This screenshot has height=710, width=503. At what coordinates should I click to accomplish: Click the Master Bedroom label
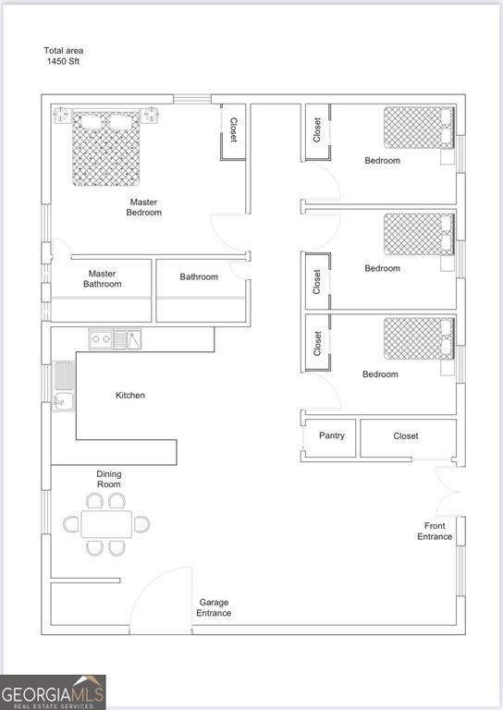[x=143, y=207]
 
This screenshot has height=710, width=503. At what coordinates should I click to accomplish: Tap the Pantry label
[x=332, y=435]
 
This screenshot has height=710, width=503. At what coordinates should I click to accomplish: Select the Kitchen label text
[x=130, y=396]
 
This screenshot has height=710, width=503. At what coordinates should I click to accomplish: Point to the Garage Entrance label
[x=214, y=607]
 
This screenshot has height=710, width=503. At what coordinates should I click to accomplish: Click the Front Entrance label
[x=435, y=532]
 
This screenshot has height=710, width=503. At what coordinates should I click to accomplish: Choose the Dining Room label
[x=109, y=479]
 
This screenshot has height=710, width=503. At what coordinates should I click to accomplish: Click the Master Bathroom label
[x=103, y=279]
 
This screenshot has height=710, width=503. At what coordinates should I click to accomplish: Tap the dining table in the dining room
[x=106, y=524]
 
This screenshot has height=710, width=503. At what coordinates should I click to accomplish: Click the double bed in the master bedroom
[x=106, y=147]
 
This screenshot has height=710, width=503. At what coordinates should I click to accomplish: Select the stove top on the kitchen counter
[x=101, y=339]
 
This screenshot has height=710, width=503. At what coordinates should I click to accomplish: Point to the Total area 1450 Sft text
[x=64, y=56]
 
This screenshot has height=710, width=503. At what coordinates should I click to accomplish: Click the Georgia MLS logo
[x=53, y=692]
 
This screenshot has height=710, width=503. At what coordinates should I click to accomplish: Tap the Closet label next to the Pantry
[x=406, y=436]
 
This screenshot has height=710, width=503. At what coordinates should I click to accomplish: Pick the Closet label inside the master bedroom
[x=234, y=130]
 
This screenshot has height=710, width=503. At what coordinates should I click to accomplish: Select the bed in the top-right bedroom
[x=419, y=128]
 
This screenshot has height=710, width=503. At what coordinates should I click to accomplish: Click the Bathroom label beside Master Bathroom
[x=199, y=276]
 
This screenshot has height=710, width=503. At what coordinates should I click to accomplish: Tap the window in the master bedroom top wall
[x=192, y=99]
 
